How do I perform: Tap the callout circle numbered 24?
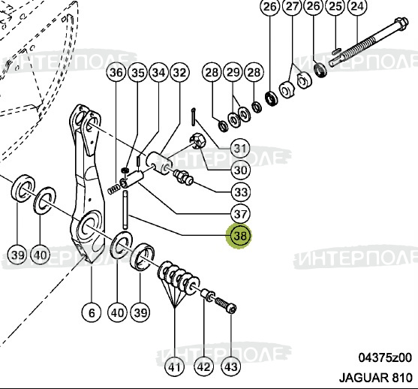358,7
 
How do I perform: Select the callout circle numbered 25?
335,7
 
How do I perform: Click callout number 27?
293,7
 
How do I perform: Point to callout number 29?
233,72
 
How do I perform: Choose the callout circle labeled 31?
240,148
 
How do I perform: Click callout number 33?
240,192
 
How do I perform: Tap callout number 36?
116,72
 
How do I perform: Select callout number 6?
92,312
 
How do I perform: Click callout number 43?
231,367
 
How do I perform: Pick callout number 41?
175,367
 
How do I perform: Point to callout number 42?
203,367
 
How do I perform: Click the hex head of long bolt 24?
400,23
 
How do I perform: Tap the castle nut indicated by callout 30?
197,140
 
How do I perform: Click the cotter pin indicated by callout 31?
194,116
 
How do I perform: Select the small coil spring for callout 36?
114,189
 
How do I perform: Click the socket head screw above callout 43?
226,306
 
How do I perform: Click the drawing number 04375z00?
385,357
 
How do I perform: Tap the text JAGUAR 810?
376,378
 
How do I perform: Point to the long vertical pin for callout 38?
125,210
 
